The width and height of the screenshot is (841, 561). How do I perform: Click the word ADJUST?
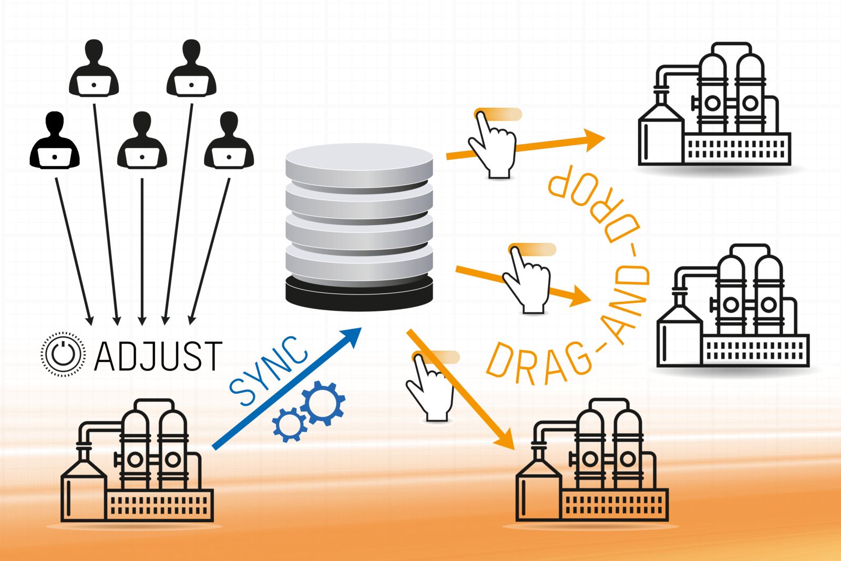pos(158,356)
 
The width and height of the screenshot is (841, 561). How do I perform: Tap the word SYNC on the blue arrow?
pos(268,371)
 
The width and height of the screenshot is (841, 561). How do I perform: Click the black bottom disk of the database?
pos(359,293)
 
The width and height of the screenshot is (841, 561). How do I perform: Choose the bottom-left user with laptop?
pos(55,141)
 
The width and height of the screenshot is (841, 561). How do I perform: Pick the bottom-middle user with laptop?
pos(142,141)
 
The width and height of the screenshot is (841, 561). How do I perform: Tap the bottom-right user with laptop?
pos(229,141)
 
